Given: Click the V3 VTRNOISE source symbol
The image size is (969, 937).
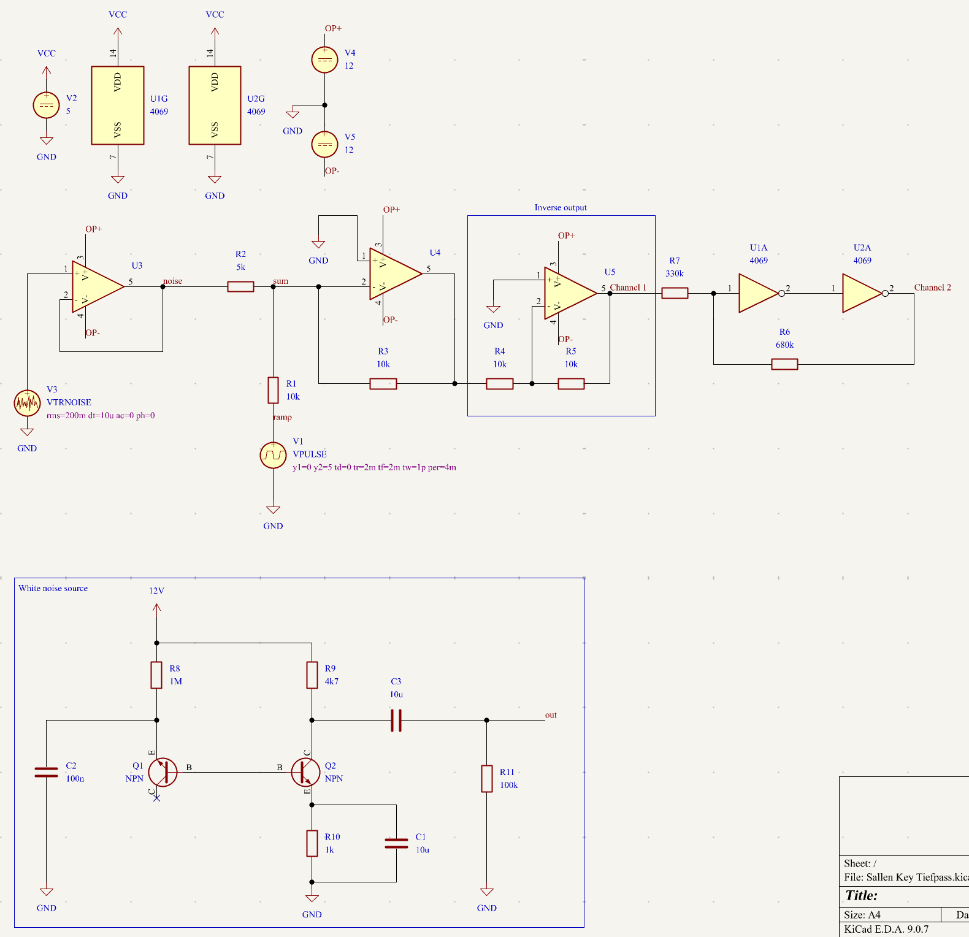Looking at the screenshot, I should point(27,402).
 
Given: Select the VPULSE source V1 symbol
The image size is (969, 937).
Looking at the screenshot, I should point(273,455).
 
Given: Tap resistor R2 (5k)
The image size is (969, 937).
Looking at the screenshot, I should point(240,286).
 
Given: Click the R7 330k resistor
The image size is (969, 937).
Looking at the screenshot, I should point(675,293).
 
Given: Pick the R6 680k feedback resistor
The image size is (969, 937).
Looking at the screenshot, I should point(784,364).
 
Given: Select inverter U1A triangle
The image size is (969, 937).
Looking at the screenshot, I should point(758,293).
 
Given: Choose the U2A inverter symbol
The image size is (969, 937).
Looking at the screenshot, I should point(862,293).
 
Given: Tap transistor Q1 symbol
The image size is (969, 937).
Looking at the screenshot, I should point(163,772).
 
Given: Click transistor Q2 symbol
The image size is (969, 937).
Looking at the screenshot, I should point(305,772).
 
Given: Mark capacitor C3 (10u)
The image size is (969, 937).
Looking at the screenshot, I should point(396,720).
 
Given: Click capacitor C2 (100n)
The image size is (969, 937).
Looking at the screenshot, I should point(46,772).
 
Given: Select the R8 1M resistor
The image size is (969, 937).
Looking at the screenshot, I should point(156,675).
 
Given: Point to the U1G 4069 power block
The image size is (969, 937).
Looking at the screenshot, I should point(118,105).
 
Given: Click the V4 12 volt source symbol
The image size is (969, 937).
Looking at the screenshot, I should point(324,59).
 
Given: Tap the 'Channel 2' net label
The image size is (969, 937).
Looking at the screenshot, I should point(932,288).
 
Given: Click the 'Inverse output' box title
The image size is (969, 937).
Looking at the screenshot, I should point(560,208).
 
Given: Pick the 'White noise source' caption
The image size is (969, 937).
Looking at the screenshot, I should point(53,588).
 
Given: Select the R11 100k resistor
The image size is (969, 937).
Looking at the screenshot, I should point(486,778).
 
